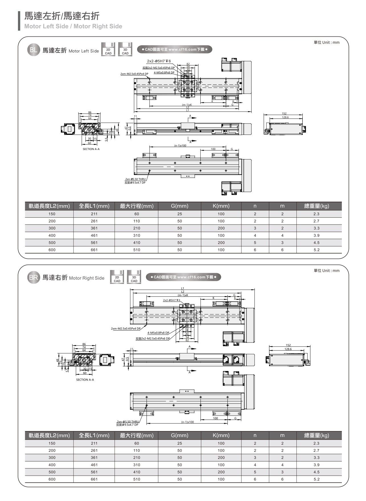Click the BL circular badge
click(x=33, y=50)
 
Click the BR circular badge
click(x=33, y=277)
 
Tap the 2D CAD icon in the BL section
click(x=108, y=50)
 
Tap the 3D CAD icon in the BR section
click(x=134, y=277)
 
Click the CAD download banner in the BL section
click(x=174, y=50)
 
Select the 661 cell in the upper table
click(x=94, y=250)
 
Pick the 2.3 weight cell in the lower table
click(x=316, y=443)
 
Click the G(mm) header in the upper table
click(x=180, y=206)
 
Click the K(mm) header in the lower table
click(x=221, y=435)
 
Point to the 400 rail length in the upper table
click(x=52, y=236)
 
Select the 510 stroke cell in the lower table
click(x=137, y=479)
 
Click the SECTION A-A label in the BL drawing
click(x=91, y=149)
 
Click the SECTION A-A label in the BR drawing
click(x=85, y=380)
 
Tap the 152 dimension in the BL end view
click(x=284, y=114)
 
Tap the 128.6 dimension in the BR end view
click(x=288, y=349)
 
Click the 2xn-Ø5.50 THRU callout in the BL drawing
click(x=135, y=179)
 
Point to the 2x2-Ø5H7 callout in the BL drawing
click(x=159, y=61)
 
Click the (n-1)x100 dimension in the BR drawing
click(x=187, y=422)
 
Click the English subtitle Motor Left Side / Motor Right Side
click(x=73, y=26)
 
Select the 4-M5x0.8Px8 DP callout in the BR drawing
click(x=158, y=333)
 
